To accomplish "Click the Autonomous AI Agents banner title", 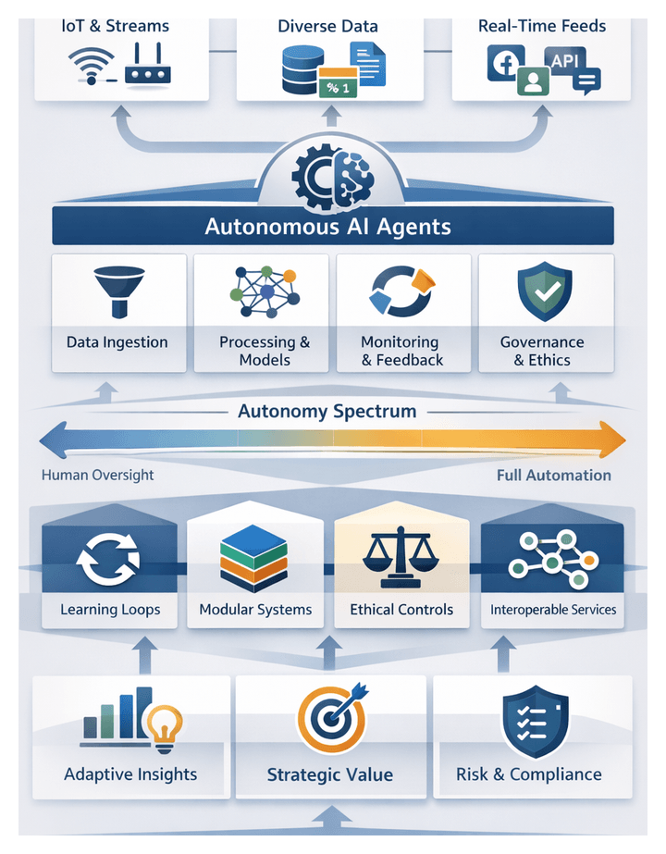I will [328, 227].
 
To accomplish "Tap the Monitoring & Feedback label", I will [401, 351].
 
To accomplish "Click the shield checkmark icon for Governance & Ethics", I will [544, 291].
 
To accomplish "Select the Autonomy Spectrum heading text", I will [327, 411].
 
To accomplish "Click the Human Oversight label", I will [97, 475].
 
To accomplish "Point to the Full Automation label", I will [553, 475].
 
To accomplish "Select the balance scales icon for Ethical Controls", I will [401, 558].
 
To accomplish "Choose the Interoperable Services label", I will [553, 610].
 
